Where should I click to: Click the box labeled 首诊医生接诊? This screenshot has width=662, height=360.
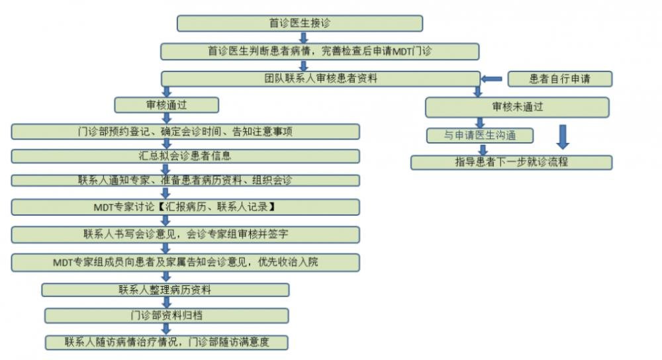click(300, 23)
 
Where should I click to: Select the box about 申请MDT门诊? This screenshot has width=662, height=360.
click(320, 52)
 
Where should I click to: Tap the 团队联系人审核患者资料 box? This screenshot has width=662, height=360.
click(320, 79)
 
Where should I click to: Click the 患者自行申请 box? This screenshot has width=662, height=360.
click(560, 79)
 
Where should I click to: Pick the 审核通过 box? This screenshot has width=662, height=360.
click(166, 105)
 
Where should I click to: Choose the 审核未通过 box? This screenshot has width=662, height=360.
click(517, 107)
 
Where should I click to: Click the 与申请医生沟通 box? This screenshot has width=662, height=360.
click(479, 136)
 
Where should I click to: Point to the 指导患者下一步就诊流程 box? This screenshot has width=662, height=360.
click(511, 163)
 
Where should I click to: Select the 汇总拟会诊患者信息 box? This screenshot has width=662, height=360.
click(185, 156)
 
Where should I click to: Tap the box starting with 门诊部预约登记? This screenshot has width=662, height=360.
click(185, 132)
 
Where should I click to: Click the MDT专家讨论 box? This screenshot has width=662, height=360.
click(185, 207)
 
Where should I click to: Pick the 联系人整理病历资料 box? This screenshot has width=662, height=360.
click(165, 290)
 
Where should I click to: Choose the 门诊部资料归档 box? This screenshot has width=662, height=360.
click(166, 316)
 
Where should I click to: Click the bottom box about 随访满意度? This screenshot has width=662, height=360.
click(166, 342)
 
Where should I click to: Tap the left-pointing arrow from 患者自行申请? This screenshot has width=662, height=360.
click(491, 79)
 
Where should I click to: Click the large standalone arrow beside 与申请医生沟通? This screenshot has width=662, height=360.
click(563, 137)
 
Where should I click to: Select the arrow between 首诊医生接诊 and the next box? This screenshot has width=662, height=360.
click(303, 38)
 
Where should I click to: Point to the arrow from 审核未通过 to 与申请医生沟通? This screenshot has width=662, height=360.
click(479, 123)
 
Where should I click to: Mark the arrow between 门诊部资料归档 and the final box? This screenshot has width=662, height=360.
click(166, 329)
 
